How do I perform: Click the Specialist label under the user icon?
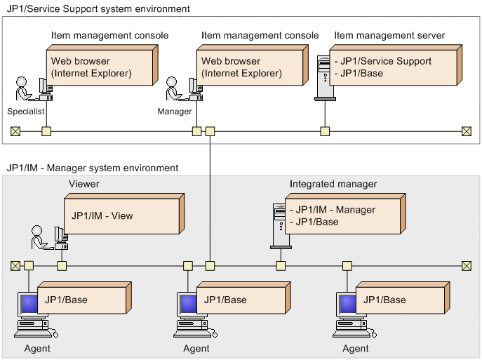point(26,112)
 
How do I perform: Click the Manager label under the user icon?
point(175,112)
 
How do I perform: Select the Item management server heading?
point(389,35)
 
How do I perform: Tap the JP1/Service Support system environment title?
point(98,9)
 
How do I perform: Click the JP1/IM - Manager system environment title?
point(92,168)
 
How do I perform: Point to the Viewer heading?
point(84,184)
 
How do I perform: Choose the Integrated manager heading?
point(333,184)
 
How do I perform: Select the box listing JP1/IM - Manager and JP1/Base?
point(343,216)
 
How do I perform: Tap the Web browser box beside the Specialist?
point(100,67)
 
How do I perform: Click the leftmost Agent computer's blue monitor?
point(28,305)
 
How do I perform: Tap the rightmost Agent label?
point(356,348)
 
